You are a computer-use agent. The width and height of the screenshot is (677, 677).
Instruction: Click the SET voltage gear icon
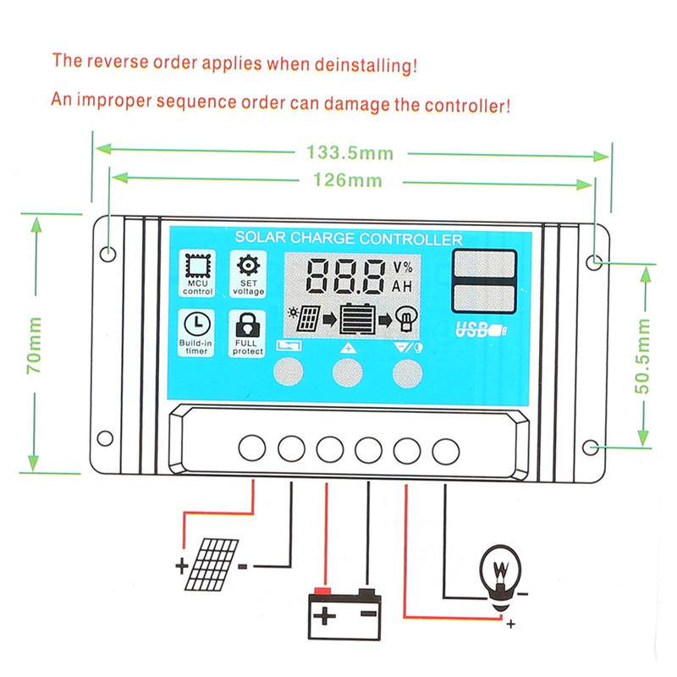(248, 264)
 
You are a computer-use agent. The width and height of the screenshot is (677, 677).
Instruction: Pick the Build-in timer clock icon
(196, 324)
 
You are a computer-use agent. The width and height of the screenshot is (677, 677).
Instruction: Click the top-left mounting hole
(107, 254)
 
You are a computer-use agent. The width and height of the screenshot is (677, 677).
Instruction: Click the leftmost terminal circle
(251, 448)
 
